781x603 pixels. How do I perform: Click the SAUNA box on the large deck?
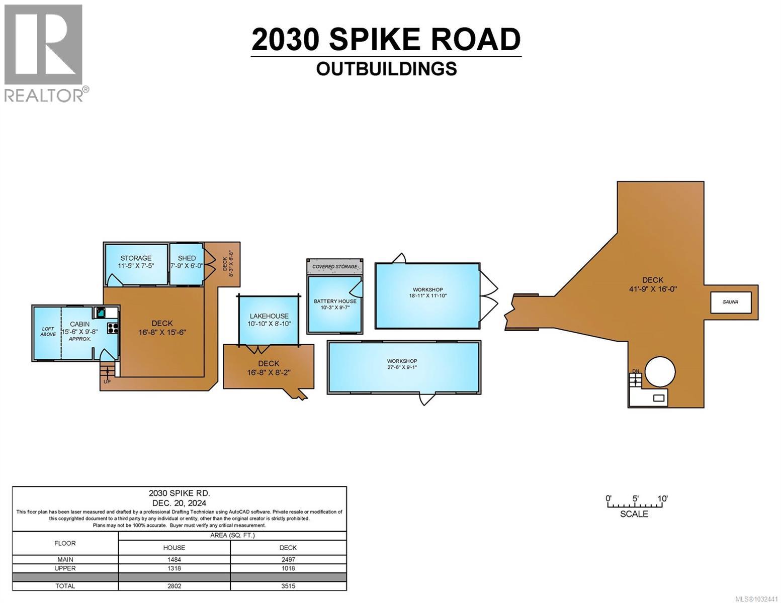point(730,302)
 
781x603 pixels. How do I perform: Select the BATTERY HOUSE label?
point(335,301)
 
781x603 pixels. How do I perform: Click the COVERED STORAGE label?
point(335,266)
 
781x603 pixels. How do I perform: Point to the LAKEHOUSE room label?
point(269,316)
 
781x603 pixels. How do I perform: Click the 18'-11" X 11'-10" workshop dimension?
point(427,295)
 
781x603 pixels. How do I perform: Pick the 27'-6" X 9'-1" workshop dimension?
point(402,367)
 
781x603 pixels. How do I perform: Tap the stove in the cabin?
point(113,329)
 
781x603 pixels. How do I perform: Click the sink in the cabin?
point(101,312)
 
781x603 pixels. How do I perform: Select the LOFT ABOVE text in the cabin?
point(48,331)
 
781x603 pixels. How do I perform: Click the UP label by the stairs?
point(107,381)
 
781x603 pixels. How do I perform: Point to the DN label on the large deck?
point(636,371)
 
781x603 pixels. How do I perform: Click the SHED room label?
point(187,258)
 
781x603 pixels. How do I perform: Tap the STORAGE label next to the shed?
point(136,258)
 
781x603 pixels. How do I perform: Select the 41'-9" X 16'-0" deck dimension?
point(652,288)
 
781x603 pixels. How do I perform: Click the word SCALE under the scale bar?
point(634,514)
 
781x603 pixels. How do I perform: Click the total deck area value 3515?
point(288,586)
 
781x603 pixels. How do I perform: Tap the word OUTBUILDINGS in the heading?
point(386,68)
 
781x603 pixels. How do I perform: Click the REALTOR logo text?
point(44,95)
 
